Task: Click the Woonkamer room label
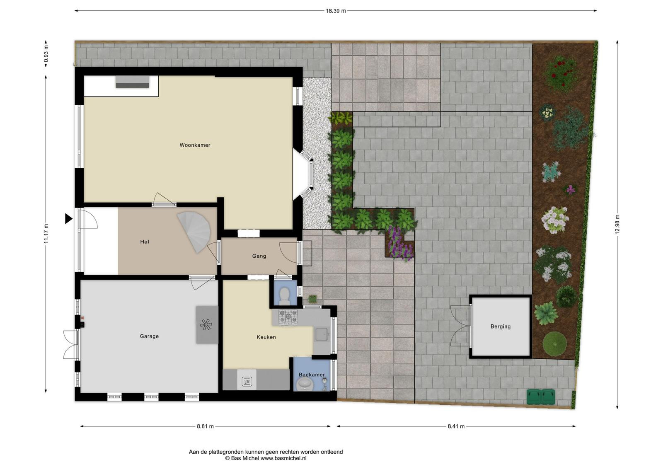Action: pyautogui.click(x=195, y=145)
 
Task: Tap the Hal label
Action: pyautogui.click(x=145, y=242)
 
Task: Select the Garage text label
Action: pyautogui.click(x=149, y=336)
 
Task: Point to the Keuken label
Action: pyautogui.click(x=266, y=337)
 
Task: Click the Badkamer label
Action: pyautogui.click(x=312, y=375)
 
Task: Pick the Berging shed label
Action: pyautogui.click(x=501, y=326)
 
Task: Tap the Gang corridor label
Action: pyautogui.click(x=259, y=256)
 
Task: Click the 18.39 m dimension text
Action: pyautogui.click(x=336, y=11)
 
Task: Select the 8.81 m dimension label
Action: pyautogui.click(x=205, y=426)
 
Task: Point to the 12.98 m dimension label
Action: pyautogui.click(x=617, y=224)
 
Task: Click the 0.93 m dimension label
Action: pyautogui.click(x=46, y=54)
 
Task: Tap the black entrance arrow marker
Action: pyautogui.click(x=69, y=219)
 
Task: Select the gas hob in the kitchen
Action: pyautogui.click(x=288, y=317)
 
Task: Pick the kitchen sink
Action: pyautogui.click(x=322, y=334)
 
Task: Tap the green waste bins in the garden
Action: pyautogui.click(x=540, y=397)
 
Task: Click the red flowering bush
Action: pyautogui.click(x=561, y=73)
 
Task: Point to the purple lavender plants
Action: pyautogui.click(x=399, y=244)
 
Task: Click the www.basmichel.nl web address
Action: pyautogui.click(x=283, y=458)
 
